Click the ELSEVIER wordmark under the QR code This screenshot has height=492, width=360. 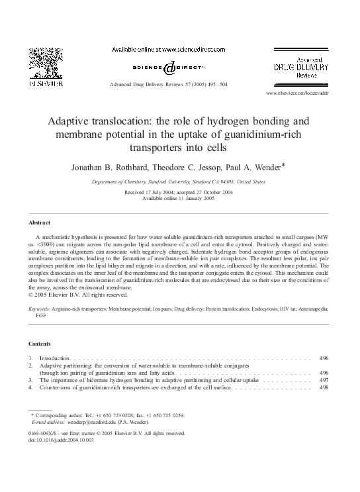tap(42, 85)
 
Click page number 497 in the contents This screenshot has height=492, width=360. tap(323, 381)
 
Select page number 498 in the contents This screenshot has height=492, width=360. tap(323, 389)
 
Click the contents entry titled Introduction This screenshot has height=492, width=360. tap(54, 358)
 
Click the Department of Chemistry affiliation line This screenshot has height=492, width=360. tap(179, 181)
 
